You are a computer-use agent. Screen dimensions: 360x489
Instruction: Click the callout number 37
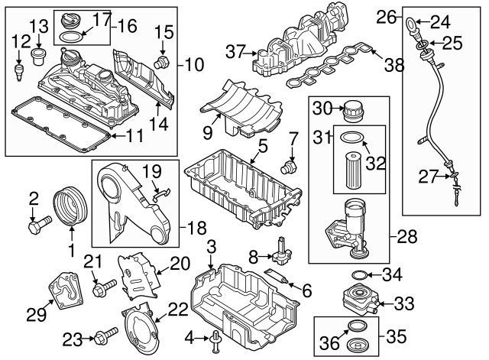235,51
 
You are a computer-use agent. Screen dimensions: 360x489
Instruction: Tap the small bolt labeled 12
18,71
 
